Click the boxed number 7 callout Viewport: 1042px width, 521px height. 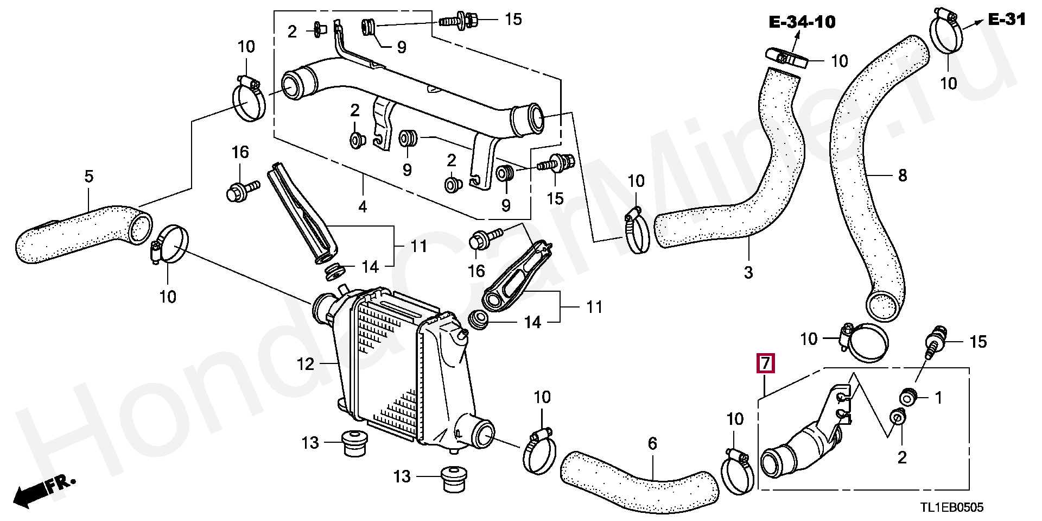(x=765, y=363)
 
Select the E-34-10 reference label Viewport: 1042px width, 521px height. (x=802, y=22)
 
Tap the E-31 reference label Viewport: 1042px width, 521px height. (x=1007, y=20)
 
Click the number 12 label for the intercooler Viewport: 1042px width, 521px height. (x=306, y=363)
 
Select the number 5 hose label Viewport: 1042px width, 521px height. (x=89, y=176)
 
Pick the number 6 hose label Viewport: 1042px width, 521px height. (x=652, y=444)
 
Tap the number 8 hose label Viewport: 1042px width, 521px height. (x=902, y=175)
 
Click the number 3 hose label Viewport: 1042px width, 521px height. (x=748, y=272)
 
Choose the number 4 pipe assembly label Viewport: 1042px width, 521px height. (x=362, y=206)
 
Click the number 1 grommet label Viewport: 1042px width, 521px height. (x=938, y=398)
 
